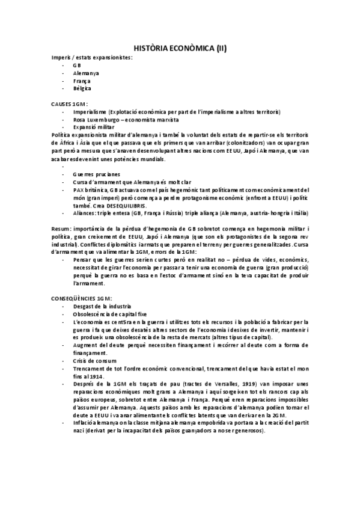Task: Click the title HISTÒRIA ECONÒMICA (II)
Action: [x=180, y=48]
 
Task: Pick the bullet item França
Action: [x=82, y=81]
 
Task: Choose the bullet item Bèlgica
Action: [x=83, y=88]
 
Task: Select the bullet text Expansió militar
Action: [x=93, y=127]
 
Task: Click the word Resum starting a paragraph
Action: [x=61, y=229]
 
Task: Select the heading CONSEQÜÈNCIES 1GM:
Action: [x=82, y=298]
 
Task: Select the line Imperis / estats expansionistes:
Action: [x=92, y=57]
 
